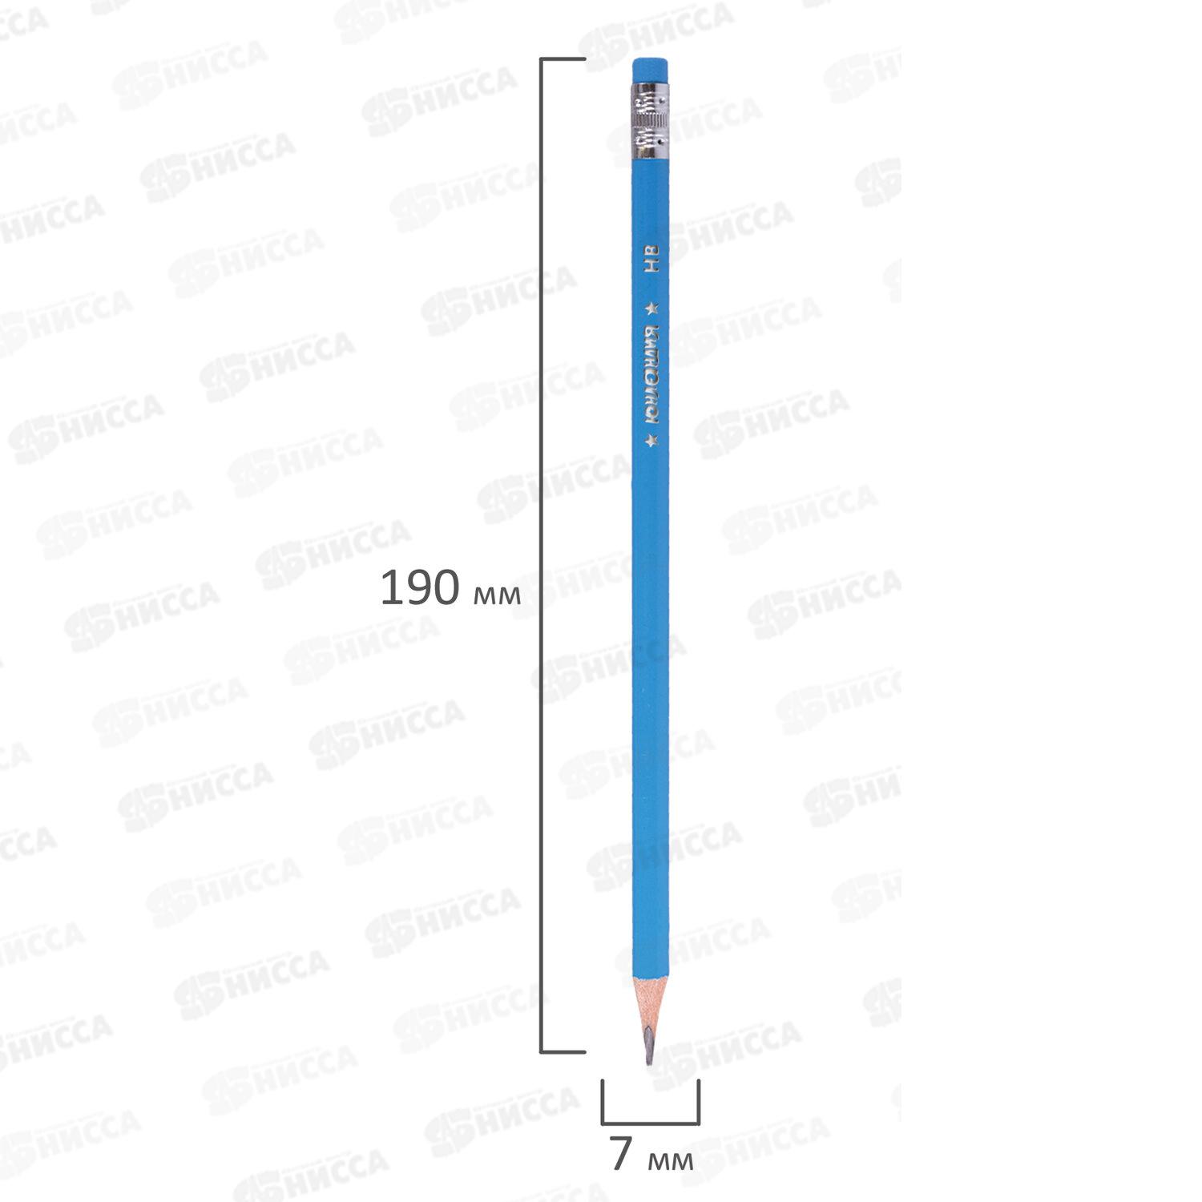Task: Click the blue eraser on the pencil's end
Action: (x=651, y=69)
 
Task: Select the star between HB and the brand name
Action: (x=653, y=306)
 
